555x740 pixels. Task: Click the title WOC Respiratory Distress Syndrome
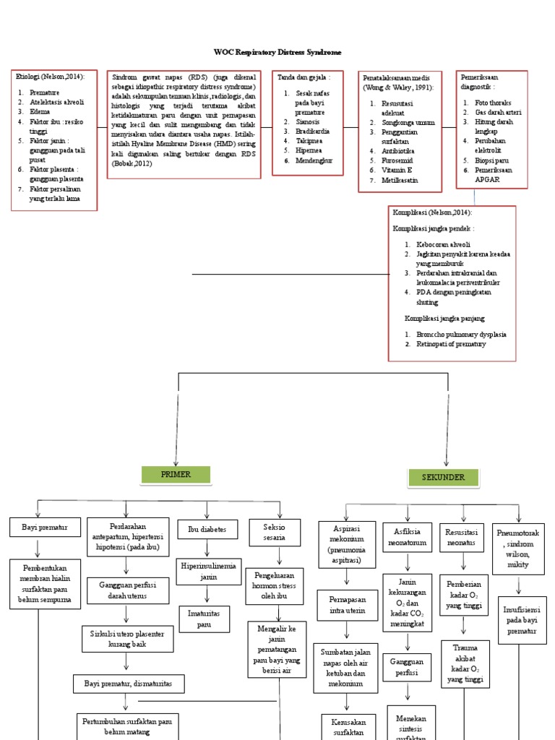pyautogui.click(x=277, y=53)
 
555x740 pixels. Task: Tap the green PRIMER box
pyautogui.click(x=176, y=475)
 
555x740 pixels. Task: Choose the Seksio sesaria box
pyautogui.click(x=274, y=532)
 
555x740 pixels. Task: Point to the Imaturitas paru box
pyautogui.click(x=205, y=619)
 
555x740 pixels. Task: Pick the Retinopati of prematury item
pyautogui.click(x=451, y=344)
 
